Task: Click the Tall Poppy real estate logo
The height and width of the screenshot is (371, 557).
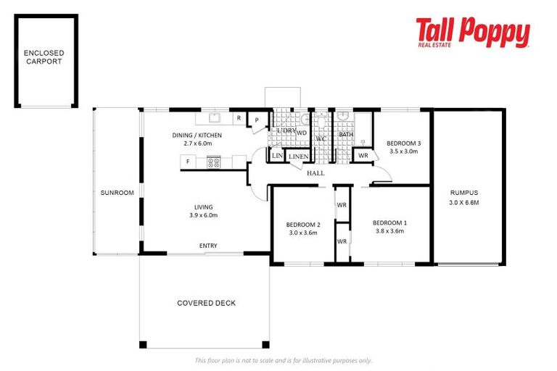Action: pos(472,33)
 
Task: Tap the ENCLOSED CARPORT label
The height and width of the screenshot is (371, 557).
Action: pos(44,57)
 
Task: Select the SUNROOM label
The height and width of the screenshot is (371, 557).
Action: pos(117,193)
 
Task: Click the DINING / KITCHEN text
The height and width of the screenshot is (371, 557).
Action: pos(197,136)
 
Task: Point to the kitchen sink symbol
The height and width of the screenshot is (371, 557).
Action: pos(215,117)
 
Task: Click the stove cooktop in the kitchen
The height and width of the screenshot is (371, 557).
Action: pos(214,162)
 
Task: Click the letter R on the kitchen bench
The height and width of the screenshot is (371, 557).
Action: pos(239,117)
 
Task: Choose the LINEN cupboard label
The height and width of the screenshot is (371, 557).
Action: pos(298,157)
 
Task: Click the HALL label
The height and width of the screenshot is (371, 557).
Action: pos(315,174)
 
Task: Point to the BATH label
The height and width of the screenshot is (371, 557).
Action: pos(346,134)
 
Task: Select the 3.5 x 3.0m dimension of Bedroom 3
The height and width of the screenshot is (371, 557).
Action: pos(404,152)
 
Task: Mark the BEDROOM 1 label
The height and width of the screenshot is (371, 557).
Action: pos(389,222)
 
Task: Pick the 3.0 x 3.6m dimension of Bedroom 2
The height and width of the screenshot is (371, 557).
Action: pos(302,233)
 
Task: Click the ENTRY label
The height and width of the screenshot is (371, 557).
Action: pos(208,246)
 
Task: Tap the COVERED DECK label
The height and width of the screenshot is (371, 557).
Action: pos(206,303)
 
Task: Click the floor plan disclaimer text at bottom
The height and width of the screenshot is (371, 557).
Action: pos(283,360)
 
